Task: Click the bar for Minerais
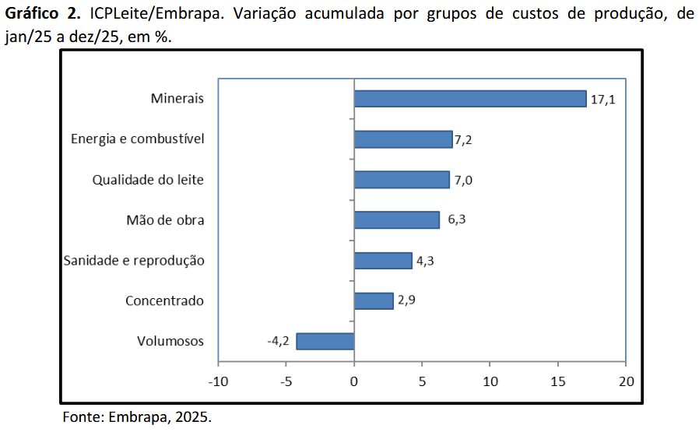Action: (469, 99)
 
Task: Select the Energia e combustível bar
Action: (402, 139)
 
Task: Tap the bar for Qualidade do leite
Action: (401, 180)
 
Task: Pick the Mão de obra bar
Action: (396, 220)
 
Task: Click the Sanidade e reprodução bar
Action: (382, 261)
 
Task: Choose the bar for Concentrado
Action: (373, 301)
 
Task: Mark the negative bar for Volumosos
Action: (325, 341)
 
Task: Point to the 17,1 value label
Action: (602, 100)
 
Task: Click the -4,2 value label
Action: (278, 341)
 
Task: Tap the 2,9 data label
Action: (406, 300)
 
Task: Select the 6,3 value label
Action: (456, 220)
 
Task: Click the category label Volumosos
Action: (170, 341)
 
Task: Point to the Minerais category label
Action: (177, 99)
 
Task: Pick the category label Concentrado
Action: (164, 300)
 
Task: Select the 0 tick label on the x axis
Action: (353, 382)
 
